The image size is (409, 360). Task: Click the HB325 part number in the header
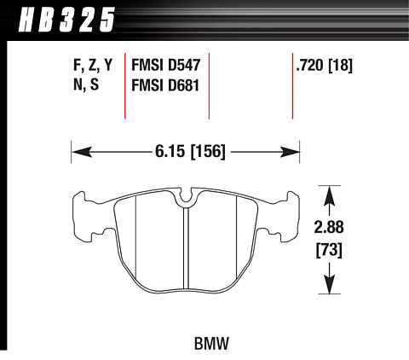pos(66,20)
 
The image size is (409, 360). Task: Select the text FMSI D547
pos(166,65)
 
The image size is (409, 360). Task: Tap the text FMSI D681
pos(165,85)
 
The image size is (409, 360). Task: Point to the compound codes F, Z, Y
pos(93,66)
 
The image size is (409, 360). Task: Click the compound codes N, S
pos(86,84)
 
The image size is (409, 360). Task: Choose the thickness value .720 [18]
pos(324,65)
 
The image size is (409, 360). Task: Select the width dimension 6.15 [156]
pos(190,151)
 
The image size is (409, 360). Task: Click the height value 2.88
pos(329,227)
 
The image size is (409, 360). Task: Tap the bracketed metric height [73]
pos(329,250)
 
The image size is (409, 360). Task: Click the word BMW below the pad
pos(211,344)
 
